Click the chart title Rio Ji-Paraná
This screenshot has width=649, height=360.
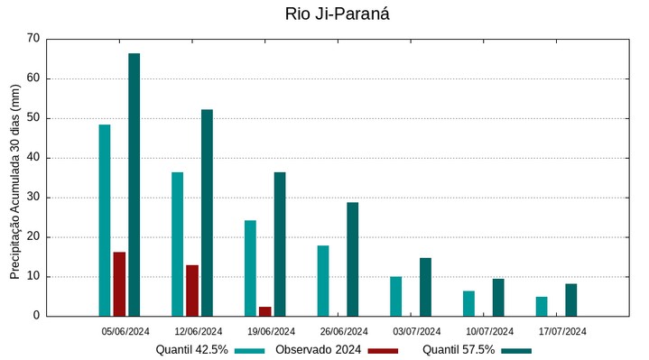337,14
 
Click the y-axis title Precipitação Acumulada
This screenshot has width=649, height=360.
14,177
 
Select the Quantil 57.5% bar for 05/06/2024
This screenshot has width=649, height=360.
134,185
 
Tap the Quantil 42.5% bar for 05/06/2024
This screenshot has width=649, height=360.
105,220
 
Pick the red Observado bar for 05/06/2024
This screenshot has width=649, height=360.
119,284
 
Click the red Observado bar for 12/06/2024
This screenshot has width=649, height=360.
192,291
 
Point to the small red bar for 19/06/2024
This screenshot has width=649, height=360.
264,311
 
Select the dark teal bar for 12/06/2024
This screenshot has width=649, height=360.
207,213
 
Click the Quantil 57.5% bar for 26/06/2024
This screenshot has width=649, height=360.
352,259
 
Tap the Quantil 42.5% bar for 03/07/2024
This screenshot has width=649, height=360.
395,296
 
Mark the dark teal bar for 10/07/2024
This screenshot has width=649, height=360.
498,297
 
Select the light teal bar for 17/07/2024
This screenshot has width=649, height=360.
542,306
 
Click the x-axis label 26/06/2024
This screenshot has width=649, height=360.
344,331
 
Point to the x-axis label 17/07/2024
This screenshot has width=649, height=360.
562,331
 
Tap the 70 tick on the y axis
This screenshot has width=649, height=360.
33,39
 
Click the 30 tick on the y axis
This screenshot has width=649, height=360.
33,198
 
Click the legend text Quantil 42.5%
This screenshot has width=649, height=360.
191,350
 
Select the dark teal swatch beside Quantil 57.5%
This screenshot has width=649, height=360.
516,350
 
